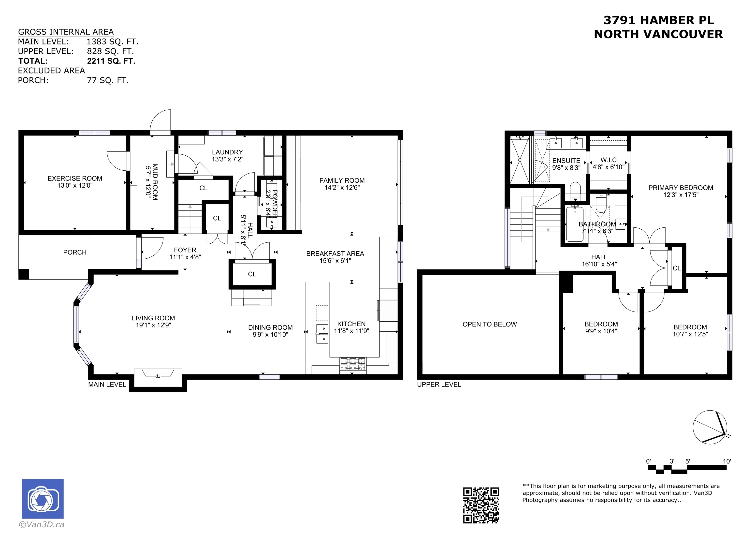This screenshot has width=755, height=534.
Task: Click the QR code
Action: click(x=481, y=505)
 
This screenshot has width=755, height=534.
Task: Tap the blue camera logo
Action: click(x=43, y=499)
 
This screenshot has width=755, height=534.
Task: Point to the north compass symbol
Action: click(x=710, y=427)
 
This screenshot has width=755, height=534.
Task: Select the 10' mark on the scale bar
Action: click(x=727, y=461)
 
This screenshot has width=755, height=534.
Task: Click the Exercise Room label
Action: click(x=75, y=178)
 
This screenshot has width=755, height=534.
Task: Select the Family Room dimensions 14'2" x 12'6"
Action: click(x=342, y=188)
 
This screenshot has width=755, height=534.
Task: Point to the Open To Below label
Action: click(x=490, y=325)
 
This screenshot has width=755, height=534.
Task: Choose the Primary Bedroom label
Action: click(x=681, y=188)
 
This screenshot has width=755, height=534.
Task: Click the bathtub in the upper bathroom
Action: click(x=575, y=224)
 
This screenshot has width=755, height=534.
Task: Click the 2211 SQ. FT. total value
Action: click(x=111, y=61)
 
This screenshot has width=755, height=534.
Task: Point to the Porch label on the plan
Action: click(x=75, y=252)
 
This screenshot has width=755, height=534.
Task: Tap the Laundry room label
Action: click(x=227, y=152)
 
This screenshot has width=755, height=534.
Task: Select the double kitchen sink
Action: click(x=322, y=334)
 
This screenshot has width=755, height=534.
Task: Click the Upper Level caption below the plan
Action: click(x=439, y=384)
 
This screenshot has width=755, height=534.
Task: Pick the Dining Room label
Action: click(x=270, y=327)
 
